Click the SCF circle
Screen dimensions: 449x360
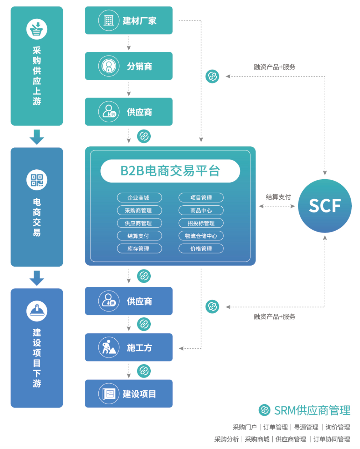pyautogui.click(x=325, y=206)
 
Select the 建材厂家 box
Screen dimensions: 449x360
pyautogui.click(x=129, y=20)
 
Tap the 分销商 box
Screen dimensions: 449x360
pyautogui.click(x=129, y=66)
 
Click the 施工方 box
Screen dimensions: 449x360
pyautogui.click(x=129, y=347)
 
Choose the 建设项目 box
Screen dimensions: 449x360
pyautogui.click(x=129, y=394)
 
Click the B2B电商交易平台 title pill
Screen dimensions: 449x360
pyautogui.click(x=170, y=171)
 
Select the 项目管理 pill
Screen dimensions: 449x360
pyautogui.click(x=201, y=198)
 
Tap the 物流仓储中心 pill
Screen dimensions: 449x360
pyautogui.click(x=201, y=236)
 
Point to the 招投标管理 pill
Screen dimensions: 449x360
pyautogui.click(x=201, y=223)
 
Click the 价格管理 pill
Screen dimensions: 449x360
pyautogui.click(x=201, y=249)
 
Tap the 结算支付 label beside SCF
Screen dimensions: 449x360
pyautogui.click(x=278, y=197)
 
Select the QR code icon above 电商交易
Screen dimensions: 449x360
pyautogui.click(x=37, y=180)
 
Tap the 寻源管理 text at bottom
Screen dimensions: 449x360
pyautogui.click(x=306, y=427)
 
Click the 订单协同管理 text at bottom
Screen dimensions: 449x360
pyautogui.click(x=332, y=439)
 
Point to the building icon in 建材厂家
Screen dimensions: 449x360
pyautogui.click(x=109, y=20)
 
